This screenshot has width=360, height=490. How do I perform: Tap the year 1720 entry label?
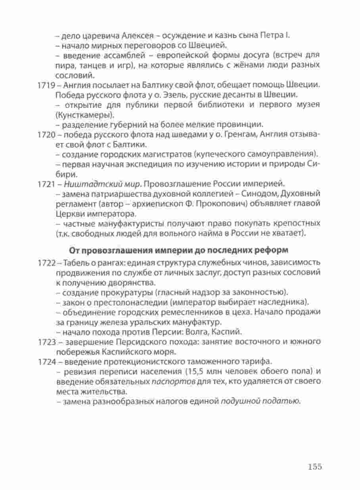click(45, 135)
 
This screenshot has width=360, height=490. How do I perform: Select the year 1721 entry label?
click(45, 184)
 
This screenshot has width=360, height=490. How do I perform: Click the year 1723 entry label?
click(45, 342)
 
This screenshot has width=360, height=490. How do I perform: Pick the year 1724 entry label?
click(45, 361)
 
